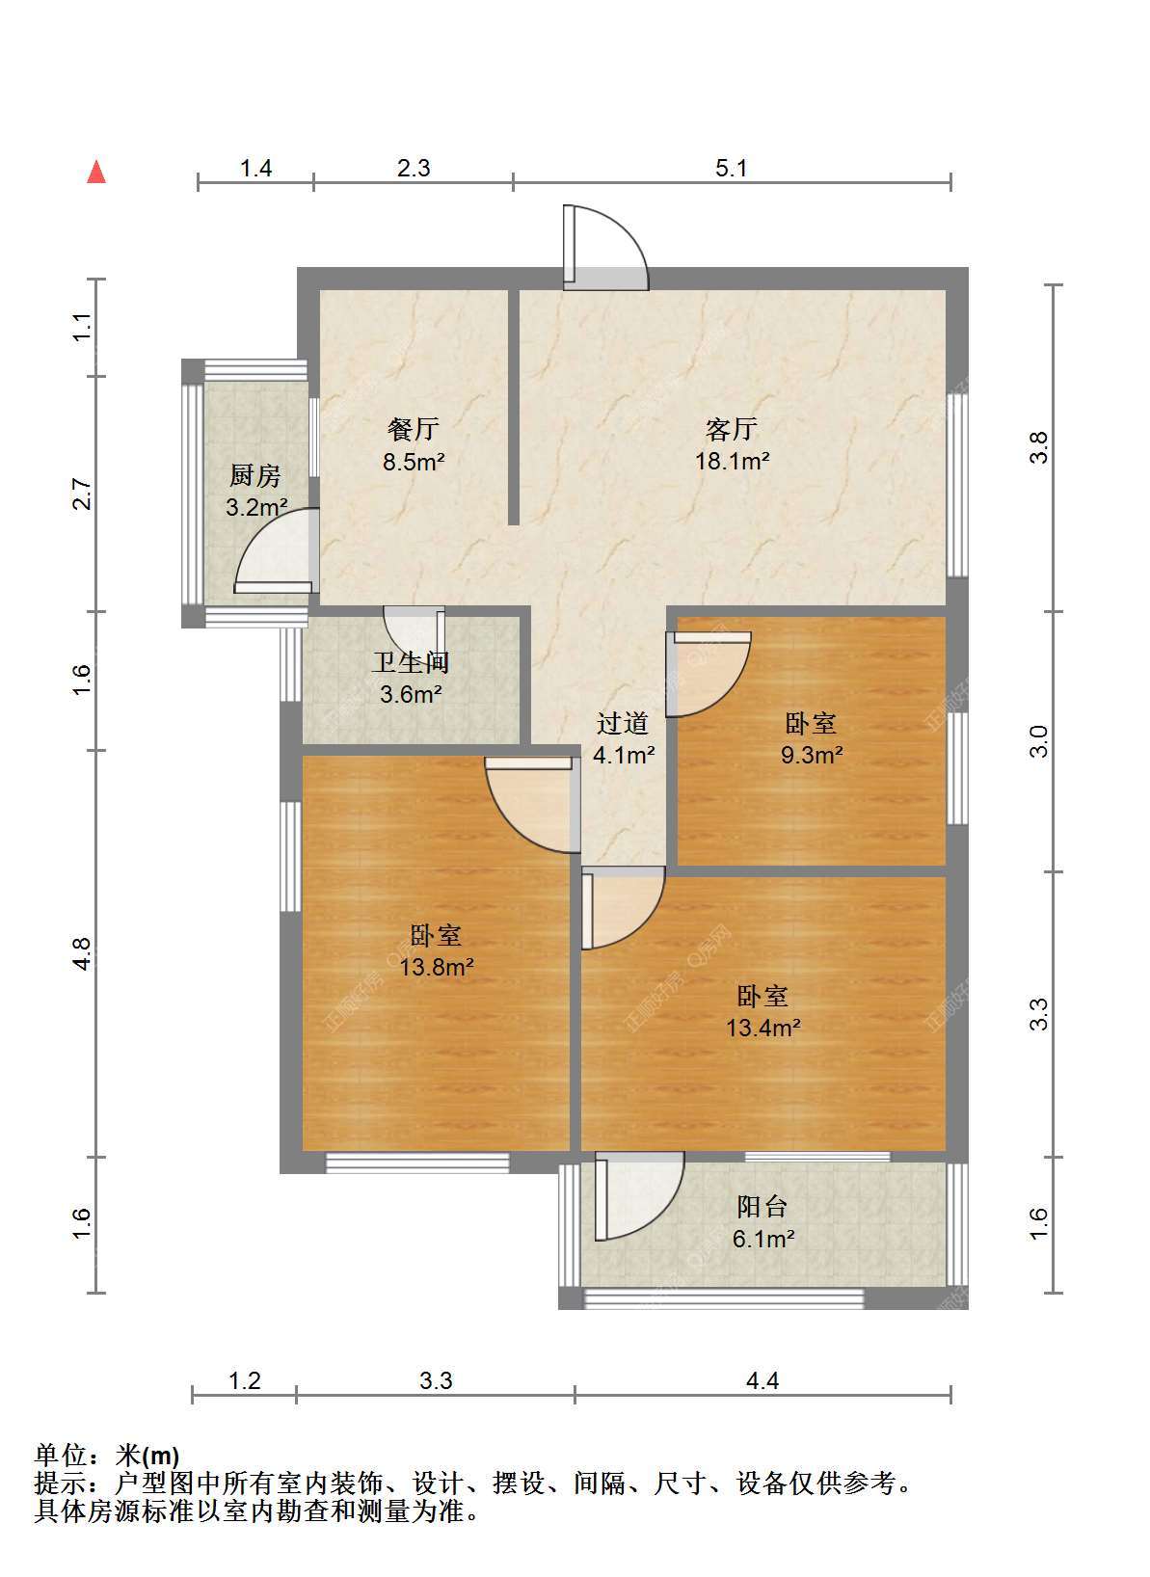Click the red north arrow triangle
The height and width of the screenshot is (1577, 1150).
(95, 173)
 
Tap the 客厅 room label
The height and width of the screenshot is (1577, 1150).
(731, 428)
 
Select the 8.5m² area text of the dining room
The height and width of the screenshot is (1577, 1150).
(414, 462)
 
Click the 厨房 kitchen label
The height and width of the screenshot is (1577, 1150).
(254, 475)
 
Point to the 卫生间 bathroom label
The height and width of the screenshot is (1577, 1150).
(411, 662)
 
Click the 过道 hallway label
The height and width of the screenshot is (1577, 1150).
(623, 722)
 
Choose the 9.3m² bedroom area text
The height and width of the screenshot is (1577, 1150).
(812, 755)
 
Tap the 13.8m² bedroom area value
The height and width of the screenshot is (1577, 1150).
(437, 967)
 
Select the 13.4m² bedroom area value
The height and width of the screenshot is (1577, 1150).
(763, 1028)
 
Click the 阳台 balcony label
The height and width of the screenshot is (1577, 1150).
(762, 1206)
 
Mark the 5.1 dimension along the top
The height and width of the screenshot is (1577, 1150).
(731, 169)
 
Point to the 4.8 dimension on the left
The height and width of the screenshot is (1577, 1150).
(82, 954)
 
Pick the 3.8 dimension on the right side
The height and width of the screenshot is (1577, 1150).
(1039, 447)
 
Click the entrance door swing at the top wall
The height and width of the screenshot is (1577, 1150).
(605, 247)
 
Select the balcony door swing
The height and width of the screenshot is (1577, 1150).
(639, 1195)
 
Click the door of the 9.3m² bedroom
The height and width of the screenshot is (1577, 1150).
(709, 675)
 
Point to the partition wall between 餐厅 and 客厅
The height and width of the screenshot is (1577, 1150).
(514, 407)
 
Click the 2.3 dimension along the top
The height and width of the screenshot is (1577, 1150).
(414, 169)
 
